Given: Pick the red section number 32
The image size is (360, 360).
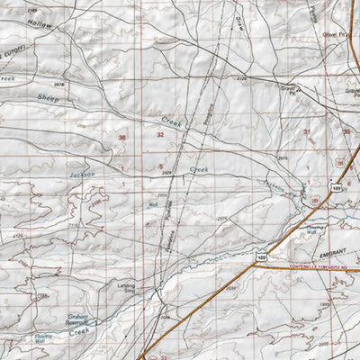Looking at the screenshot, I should pos(160,134).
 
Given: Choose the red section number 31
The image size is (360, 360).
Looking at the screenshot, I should pos(307,131).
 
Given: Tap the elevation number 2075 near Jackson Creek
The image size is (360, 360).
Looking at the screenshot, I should pos(282,158).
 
